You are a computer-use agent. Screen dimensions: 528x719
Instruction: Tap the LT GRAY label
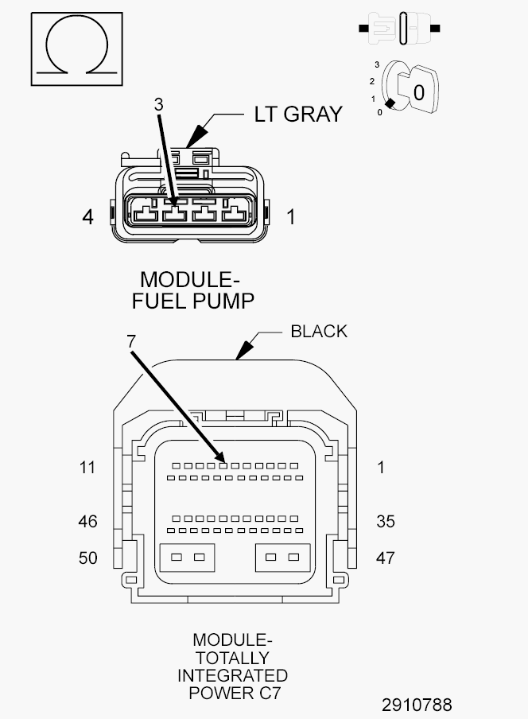point(298,115)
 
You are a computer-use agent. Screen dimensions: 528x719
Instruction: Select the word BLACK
point(319,331)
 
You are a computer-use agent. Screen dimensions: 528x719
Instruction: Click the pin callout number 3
point(158,104)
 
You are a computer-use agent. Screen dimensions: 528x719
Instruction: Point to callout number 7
point(131,341)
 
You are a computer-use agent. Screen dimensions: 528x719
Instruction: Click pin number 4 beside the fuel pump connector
point(88,217)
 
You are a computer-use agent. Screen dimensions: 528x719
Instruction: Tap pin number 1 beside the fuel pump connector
point(291,217)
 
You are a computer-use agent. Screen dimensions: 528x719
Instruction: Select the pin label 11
point(87,467)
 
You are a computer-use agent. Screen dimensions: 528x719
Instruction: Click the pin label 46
point(87,522)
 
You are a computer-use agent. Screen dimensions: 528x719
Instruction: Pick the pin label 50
point(88,558)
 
